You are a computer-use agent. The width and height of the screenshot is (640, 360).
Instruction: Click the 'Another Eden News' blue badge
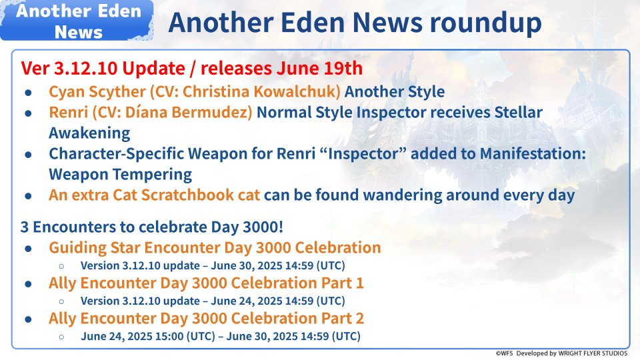point(77,21)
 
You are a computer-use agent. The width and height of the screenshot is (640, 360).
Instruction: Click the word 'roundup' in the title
point(486,23)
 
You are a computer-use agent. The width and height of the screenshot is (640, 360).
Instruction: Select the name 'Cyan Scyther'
point(97,92)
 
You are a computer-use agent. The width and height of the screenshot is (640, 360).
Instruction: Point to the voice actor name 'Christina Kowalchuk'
point(261,91)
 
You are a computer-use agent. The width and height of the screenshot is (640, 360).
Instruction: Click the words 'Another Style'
point(395,91)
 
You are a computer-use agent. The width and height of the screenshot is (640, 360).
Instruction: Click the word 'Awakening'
point(89,133)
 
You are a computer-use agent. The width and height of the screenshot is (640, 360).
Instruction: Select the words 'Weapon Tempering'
point(121,174)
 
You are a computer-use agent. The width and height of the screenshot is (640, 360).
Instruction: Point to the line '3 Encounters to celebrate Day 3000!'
point(152,227)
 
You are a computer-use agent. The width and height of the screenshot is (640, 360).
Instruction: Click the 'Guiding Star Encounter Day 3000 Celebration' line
point(215,247)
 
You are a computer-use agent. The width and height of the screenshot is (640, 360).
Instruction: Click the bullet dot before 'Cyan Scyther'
point(29,93)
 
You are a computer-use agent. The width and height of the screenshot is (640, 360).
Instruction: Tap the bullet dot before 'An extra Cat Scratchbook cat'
point(29,196)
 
